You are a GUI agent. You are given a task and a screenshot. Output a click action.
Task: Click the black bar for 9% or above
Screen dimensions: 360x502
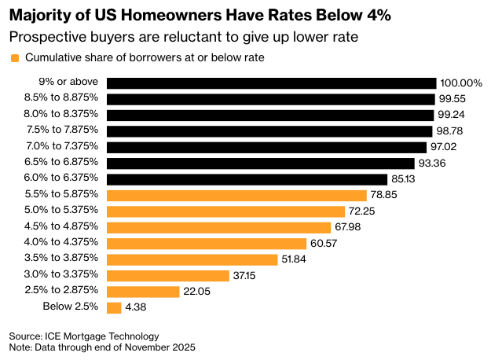coord(271,83)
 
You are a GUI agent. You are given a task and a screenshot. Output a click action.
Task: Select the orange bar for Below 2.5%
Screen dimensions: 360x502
coord(113,307)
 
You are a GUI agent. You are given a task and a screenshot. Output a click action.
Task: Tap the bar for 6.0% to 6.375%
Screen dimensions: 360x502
coord(247,179)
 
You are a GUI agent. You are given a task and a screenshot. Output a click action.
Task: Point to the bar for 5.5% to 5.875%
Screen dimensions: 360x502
coord(236,195)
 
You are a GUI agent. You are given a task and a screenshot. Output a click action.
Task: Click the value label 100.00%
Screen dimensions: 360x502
coord(461,83)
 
